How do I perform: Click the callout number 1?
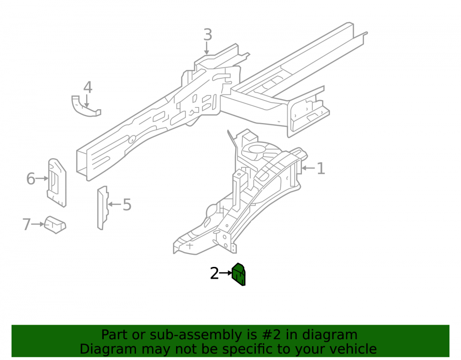[320, 168]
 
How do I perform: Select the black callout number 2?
[214, 273]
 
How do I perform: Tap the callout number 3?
[207, 35]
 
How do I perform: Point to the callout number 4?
[88, 87]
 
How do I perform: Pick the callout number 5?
[127, 205]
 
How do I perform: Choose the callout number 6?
[31, 179]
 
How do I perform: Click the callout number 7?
[26, 224]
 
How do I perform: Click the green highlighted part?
[239, 274]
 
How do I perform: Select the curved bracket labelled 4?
[85, 107]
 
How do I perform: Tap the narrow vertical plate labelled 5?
[103, 207]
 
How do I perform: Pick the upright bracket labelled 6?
[57, 183]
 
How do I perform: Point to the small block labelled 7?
[55, 225]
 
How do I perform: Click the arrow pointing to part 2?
[226, 273]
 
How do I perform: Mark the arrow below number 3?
[207, 48]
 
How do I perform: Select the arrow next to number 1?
[308, 168]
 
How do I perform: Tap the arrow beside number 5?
[115, 204]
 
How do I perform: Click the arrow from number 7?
[38, 224]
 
